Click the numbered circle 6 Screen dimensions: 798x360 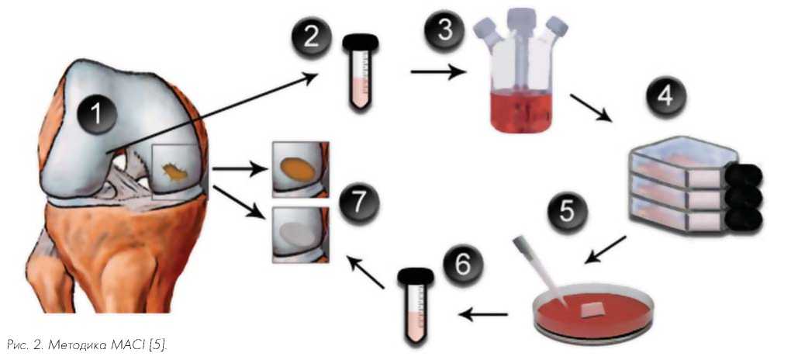coord(462,266)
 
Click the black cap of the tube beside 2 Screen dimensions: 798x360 coord(361,42)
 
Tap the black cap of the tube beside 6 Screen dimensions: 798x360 coord(416,277)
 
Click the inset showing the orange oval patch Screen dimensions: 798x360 coord(301,170)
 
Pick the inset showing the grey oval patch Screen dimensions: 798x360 coord(301,234)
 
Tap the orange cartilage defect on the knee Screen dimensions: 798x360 coord(175,172)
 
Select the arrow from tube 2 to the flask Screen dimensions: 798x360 coord(439,72)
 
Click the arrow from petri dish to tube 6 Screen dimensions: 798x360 coord(482,315)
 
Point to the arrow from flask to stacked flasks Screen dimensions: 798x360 coord(591,107)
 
